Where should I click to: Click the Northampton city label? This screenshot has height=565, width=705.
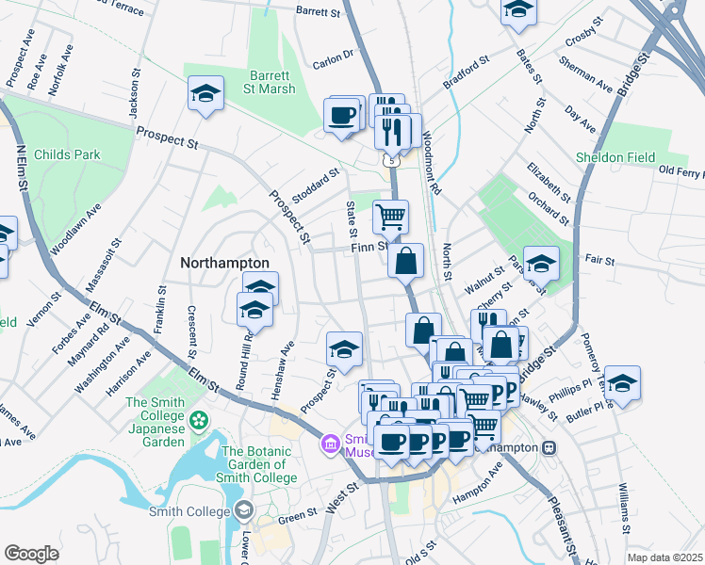[x=224, y=263]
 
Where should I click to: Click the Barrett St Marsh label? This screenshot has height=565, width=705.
[x=272, y=82]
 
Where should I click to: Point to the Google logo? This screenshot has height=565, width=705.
[x=31, y=554]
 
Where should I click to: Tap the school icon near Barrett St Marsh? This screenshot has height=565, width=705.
[x=205, y=94]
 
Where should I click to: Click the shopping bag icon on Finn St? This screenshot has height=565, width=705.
[x=405, y=261]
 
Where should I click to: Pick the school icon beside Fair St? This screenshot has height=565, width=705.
[x=541, y=264]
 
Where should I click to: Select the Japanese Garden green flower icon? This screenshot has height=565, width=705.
[x=199, y=419]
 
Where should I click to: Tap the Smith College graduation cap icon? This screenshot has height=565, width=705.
[x=245, y=510]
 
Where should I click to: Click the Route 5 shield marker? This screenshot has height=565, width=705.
[x=389, y=161]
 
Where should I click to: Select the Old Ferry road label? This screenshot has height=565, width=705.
[x=680, y=171]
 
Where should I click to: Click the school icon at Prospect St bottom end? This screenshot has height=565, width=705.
[x=345, y=349]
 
